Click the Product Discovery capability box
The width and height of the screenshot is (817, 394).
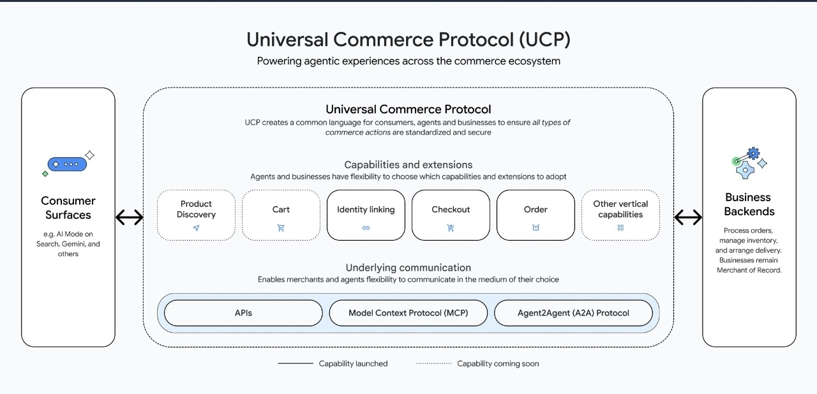pyautogui.click(x=196, y=215)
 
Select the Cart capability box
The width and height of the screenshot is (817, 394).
pyautogui.click(x=281, y=215)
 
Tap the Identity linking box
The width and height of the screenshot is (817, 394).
pyautogui.click(x=366, y=215)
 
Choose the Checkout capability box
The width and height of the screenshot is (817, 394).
pyautogui.click(x=451, y=215)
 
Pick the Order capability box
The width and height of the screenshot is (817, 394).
pyautogui.click(x=536, y=215)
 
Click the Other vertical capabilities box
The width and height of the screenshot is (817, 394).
pyautogui.click(x=620, y=215)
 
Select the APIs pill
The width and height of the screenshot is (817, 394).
pyautogui.click(x=243, y=313)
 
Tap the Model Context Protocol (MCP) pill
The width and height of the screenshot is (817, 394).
pyautogui.click(x=408, y=313)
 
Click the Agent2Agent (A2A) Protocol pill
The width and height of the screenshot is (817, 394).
pyautogui.click(x=573, y=313)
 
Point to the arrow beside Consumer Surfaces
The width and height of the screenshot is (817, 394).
pyautogui.click(x=129, y=218)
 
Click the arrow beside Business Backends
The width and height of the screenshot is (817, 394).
pyautogui.click(x=688, y=218)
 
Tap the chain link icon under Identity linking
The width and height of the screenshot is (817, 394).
pyautogui.click(x=366, y=227)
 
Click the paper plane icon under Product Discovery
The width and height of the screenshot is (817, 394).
pyautogui.click(x=196, y=228)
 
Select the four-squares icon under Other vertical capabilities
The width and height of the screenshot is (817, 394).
pyautogui.click(x=620, y=228)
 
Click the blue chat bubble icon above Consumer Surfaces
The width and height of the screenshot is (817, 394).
pyautogui.click(x=66, y=164)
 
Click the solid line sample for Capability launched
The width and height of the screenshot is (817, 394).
pyautogui.click(x=295, y=363)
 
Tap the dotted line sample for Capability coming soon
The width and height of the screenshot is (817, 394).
pyautogui.click(x=433, y=363)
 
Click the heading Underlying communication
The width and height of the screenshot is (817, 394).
pyautogui.click(x=408, y=268)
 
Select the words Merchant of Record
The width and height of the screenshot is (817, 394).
pyautogui.click(x=749, y=270)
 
